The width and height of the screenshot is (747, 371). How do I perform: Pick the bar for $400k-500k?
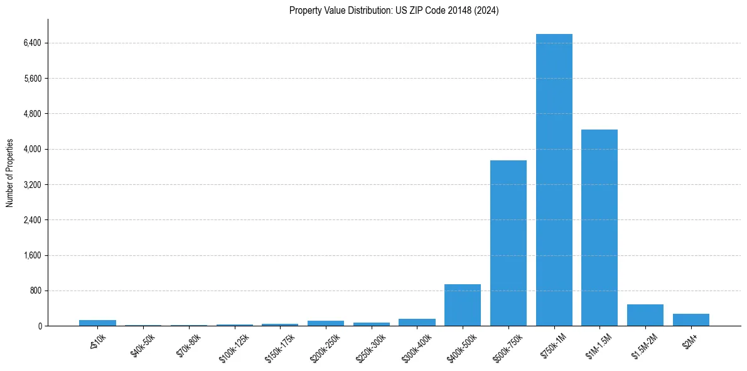(463, 305)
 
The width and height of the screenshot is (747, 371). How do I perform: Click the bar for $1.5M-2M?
(645, 315)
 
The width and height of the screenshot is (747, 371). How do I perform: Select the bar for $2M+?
(691, 319)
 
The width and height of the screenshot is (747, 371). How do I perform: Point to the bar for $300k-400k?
(417, 322)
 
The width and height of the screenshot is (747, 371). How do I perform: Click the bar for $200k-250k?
(326, 323)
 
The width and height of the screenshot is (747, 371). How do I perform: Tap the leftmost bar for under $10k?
(97, 323)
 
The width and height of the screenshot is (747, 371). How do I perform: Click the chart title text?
(394, 11)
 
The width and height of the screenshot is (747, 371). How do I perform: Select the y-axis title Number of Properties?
(10, 173)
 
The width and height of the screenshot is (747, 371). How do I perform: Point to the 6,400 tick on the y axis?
(32, 43)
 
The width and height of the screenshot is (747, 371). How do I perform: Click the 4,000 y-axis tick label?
(32, 149)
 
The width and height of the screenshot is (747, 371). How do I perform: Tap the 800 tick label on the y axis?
(35, 291)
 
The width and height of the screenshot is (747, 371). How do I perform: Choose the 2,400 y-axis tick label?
(32, 220)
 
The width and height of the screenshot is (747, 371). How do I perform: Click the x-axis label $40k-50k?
(143, 345)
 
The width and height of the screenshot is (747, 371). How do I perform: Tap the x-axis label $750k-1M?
(552, 346)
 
